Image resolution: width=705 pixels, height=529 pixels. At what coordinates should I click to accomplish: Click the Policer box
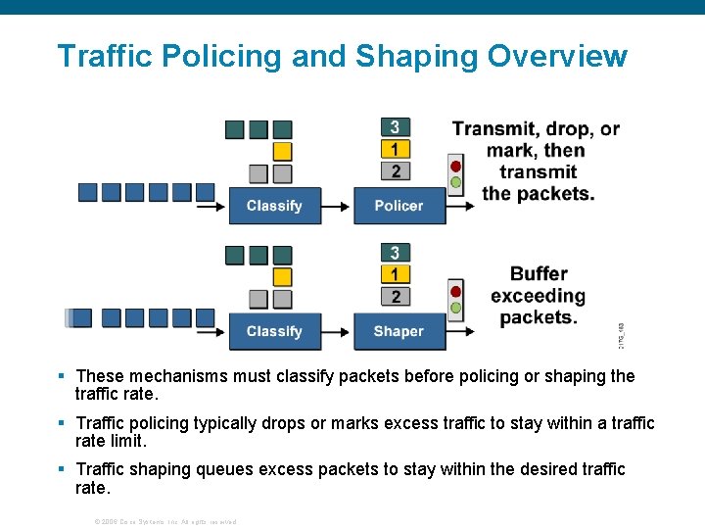point(399,206)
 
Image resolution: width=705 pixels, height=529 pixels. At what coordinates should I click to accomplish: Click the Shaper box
point(399,331)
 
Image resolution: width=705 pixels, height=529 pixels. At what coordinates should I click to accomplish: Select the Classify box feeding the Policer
point(274,206)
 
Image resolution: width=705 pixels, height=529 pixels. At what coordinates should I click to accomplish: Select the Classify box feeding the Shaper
point(274,331)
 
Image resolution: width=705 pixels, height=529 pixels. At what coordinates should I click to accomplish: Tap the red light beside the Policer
point(455,166)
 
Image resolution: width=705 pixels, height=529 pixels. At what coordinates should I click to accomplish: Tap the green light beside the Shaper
point(455,308)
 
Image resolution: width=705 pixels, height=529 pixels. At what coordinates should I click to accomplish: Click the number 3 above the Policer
point(395,127)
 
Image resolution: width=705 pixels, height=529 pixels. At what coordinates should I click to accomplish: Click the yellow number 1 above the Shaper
point(395,275)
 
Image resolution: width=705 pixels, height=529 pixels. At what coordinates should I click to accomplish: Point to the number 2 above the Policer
point(395,171)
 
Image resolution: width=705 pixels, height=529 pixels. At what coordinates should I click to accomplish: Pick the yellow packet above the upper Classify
point(282,151)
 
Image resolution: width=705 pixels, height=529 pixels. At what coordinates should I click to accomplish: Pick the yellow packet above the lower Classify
point(282,276)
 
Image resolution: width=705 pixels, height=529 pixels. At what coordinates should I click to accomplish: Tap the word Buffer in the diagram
point(539,273)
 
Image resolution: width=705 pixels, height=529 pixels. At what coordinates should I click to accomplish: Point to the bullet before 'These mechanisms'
point(61,376)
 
